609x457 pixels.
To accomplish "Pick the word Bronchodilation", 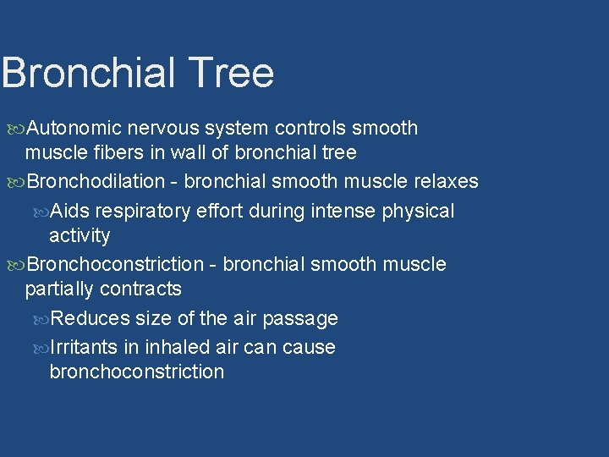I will pos(96,181).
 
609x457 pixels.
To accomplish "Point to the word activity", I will pos(80,235).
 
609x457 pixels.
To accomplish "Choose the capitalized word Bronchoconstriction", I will pos(115,264).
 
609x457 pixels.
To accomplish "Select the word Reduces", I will pos(91,318).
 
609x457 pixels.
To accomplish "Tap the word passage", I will pos(300,319).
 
